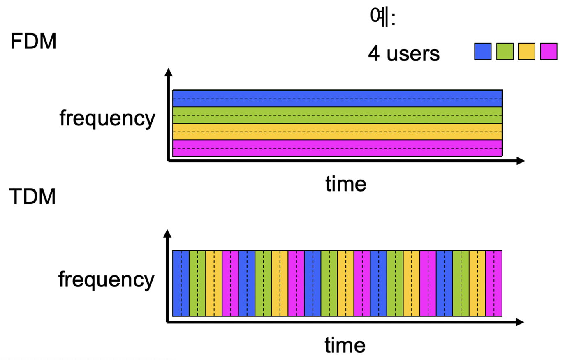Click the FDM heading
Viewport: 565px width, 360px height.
pyautogui.click(x=33, y=42)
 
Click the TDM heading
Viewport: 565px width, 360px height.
pyautogui.click(x=32, y=196)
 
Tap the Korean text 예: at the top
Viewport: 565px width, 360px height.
pyautogui.click(x=382, y=17)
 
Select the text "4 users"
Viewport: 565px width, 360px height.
pyautogui.click(x=404, y=53)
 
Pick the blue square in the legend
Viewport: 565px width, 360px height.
pyautogui.click(x=483, y=51)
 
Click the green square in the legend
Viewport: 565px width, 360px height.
pyautogui.click(x=505, y=51)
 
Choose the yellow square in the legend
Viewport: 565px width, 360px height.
pyautogui.click(x=527, y=51)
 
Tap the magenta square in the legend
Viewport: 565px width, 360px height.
pyautogui.click(x=549, y=51)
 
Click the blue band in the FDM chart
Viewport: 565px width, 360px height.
pyautogui.click(x=337, y=99)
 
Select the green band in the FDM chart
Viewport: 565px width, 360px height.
pyautogui.click(x=337, y=115)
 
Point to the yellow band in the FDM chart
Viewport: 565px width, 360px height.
pyautogui.click(x=337, y=132)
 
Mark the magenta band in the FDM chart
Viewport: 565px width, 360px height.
pyautogui.click(x=337, y=148)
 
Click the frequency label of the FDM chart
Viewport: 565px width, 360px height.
pyautogui.click(x=107, y=118)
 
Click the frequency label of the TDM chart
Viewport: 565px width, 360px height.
pyautogui.click(x=106, y=279)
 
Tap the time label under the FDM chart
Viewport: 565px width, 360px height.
pyautogui.click(x=346, y=184)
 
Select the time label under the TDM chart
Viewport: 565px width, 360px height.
pyautogui.click(x=345, y=345)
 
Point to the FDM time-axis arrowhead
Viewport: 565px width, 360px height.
pyautogui.click(x=521, y=161)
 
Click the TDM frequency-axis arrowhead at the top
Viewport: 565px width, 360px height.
pyautogui.click(x=167, y=234)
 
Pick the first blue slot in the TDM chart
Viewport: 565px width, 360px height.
pyautogui.click(x=181, y=283)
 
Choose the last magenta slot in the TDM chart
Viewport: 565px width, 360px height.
pyautogui.click(x=494, y=283)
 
